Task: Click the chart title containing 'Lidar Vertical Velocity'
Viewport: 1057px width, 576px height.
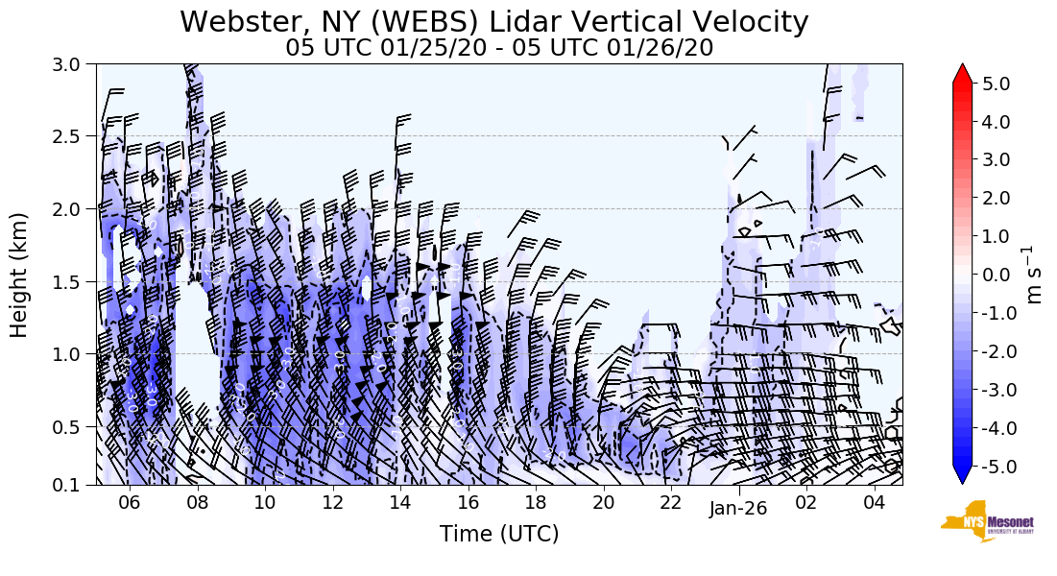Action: coord(493,21)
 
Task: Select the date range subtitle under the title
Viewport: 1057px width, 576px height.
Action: coord(499,48)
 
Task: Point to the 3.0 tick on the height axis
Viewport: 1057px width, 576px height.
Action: coord(73,64)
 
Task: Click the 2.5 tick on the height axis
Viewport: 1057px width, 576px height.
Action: coord(73,136)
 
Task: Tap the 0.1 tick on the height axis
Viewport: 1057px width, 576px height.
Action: coord(73,485)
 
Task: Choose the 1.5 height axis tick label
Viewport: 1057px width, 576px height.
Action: coord(73,281)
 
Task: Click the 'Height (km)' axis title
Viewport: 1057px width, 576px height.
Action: coord(20,275)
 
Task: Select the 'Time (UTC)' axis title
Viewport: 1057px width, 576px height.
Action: coord(499,535)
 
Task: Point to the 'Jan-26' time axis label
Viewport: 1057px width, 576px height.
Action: coord(738,509)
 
